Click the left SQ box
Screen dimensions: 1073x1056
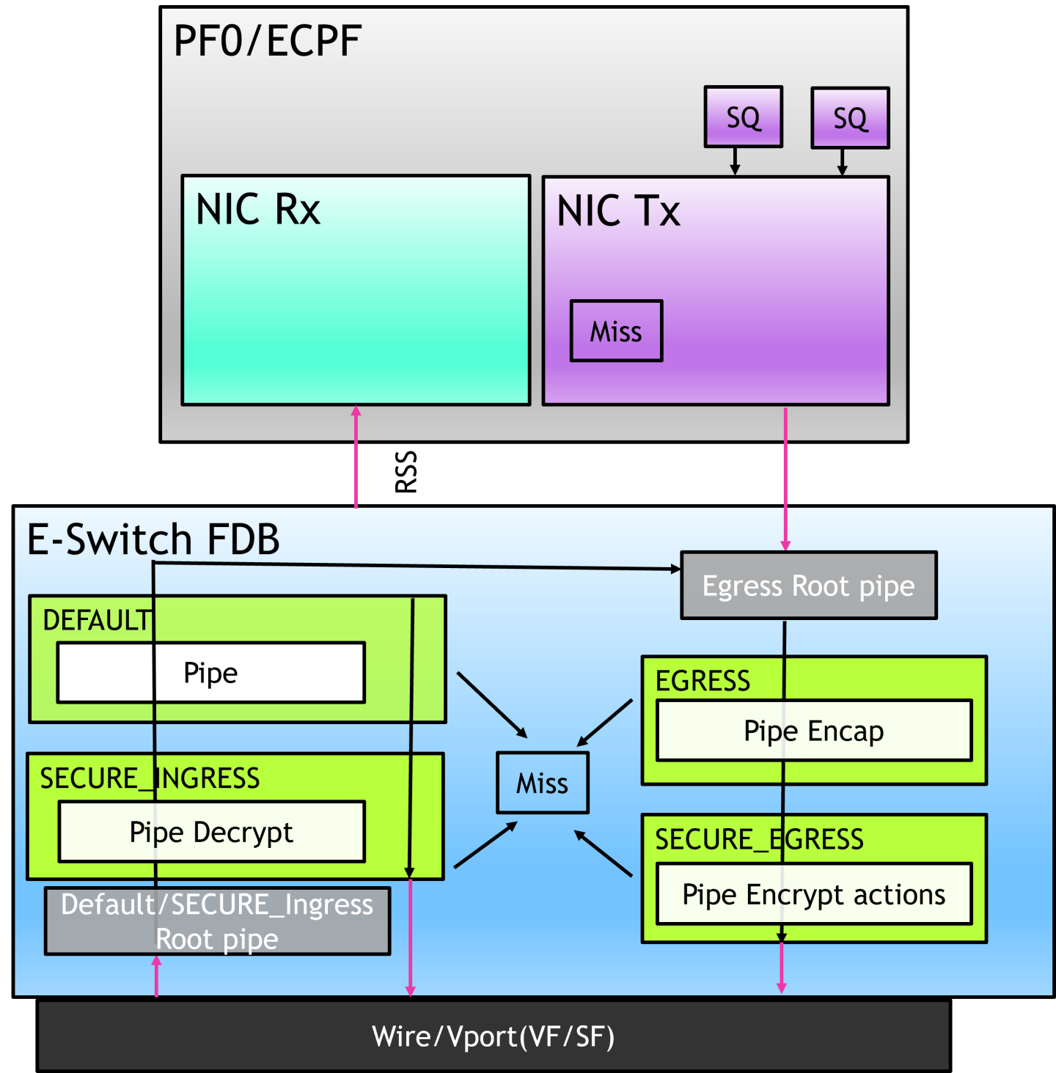[x=743, y=117]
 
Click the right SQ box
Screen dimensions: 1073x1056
[x=850, y=118]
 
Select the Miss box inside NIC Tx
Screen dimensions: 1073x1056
[x=616, y=331]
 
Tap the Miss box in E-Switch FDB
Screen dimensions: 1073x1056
[x=542, y=783]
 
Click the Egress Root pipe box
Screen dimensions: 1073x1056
[x=808, y=586]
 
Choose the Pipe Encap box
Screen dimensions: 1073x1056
[x=814, y=731]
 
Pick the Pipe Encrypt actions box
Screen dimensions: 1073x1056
[x=814, y=895]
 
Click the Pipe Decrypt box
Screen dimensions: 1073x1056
[x=211, y=832]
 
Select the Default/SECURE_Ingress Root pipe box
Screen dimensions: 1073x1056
[x=217, y=921]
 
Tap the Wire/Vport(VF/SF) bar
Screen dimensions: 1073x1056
[x=493, y=1036]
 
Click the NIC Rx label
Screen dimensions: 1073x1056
[x=258, y=210]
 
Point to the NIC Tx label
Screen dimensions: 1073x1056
[x=618, y=211]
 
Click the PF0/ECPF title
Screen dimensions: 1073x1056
[x=267, y=41]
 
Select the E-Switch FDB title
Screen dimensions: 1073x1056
[x=153, y=539]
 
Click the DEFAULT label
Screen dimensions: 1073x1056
[x=96, y=621]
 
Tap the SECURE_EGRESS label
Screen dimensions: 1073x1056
[x=759, y=839]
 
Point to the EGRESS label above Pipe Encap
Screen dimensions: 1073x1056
[x=703, y=681]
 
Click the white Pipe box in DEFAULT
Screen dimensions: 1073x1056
[x=211, y=673]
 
